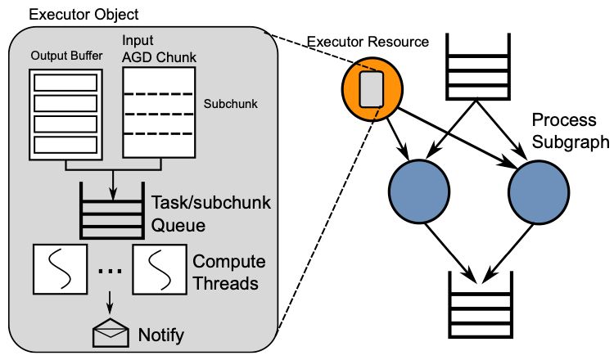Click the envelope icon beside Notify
coord(109,333)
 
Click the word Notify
coord(161,335)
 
